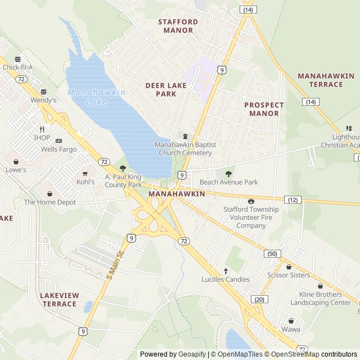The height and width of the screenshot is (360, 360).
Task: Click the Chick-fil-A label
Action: [x=18, y=67]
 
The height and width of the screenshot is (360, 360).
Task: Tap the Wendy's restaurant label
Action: [x=44, y=100]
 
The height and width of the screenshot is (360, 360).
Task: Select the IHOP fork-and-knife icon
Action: [x=42, y=129]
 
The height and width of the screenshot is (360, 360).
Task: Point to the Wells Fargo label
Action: [x=58, y=150]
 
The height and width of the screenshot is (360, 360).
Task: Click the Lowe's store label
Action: [x=16, y=169]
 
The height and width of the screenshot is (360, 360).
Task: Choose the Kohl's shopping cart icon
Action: [x=85, y=174]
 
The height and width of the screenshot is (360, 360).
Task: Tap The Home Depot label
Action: [x=49, y=202]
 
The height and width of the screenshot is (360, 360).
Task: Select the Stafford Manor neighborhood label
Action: [x=178, y=26]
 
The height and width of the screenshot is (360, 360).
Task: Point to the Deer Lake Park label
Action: [x=166, y=89]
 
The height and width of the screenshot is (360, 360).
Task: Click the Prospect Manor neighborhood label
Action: [x=264, y=109]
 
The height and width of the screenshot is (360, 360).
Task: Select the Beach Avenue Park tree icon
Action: [x=228, y=174]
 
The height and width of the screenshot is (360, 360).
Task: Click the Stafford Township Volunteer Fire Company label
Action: [x=251, y=217]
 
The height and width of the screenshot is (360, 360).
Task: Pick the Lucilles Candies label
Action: [x=225, y=279]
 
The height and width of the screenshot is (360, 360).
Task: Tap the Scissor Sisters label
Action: [x=289, y=275]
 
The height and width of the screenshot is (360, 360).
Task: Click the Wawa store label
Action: [x=291, y=329]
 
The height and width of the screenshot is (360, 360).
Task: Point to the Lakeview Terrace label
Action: [x=60, y=299]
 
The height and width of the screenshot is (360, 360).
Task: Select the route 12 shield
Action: [x=293, y=200]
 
